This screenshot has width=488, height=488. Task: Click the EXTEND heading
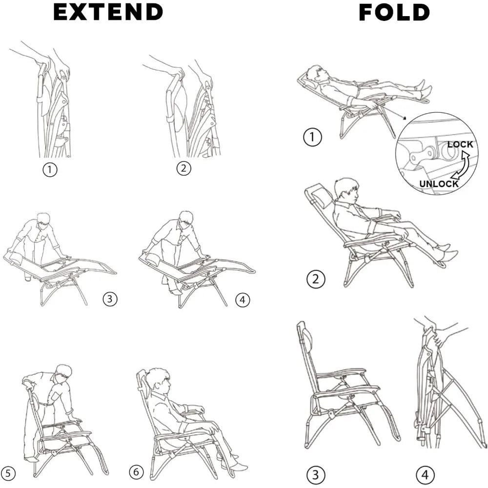point(108,12)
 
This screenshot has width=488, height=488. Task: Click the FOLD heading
point(394,12)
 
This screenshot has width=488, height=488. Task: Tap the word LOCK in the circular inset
point(460,144)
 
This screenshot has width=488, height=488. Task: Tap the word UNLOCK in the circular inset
point(439,184)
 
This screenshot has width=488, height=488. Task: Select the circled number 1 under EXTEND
point(49,170)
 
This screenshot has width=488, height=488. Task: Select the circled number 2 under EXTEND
point(183,168)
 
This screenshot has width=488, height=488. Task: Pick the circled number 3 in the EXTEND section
point(110,299)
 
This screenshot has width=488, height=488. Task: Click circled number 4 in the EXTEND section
point(243,300)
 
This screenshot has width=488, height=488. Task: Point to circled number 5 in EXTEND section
point(8,472)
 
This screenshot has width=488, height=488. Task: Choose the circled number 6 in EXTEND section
point(137,472)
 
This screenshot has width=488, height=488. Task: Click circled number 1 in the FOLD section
point(312,138)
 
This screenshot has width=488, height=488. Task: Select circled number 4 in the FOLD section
point(425,474)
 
